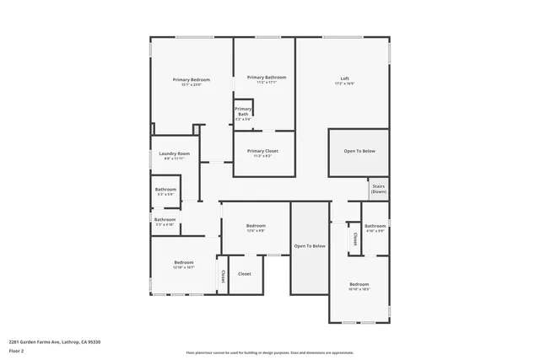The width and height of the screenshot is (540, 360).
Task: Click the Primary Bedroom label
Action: coord(192,79)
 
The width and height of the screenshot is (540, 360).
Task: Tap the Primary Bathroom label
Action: coord(262,77)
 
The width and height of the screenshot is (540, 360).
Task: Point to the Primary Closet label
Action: coord(262,151)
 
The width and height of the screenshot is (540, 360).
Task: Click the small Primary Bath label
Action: coord(243,111)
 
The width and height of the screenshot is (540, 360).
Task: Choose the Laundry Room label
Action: coord(174,153)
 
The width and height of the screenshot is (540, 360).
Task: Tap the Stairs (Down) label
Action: coord(378,189)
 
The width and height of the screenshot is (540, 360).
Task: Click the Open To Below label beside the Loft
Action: coord(359,151)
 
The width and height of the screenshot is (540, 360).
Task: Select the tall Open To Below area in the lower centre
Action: coord(310,245)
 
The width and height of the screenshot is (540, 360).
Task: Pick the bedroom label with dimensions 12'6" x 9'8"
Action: coord(256,226)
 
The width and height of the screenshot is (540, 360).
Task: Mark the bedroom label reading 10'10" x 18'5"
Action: coord(359,284)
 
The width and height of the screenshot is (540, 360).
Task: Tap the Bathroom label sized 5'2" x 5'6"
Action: coord(165,190)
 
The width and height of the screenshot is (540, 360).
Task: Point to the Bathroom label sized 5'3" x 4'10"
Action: coord(165,219)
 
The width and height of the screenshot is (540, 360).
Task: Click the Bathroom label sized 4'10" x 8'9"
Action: coord(375,226)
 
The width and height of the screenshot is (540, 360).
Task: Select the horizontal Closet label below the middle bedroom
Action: coord(245,274)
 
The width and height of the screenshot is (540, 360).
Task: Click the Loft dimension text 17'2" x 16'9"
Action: coord(344,83)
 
